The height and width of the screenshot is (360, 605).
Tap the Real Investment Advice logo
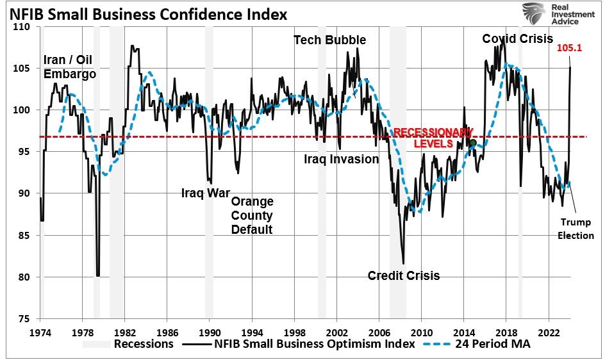coord(551,13)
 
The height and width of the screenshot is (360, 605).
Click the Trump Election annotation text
coord(576,229)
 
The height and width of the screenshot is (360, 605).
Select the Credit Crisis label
coord(404,275)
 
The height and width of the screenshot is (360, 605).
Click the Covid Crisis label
coord(517,39)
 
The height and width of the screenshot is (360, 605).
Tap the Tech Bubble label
coord(330,40)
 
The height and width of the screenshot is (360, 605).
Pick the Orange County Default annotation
coord(252,215)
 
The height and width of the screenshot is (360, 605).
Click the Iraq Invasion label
coord(341,159)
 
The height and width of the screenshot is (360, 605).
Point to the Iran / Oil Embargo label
coord(70,67)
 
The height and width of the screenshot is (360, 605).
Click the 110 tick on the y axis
coord(22,28)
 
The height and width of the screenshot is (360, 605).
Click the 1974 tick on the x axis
coord(40,333)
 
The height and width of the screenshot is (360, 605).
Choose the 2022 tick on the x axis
coord(548,333)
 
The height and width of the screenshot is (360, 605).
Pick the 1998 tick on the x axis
coord(294,333)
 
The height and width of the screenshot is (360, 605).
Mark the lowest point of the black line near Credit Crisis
coord(403,263)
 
